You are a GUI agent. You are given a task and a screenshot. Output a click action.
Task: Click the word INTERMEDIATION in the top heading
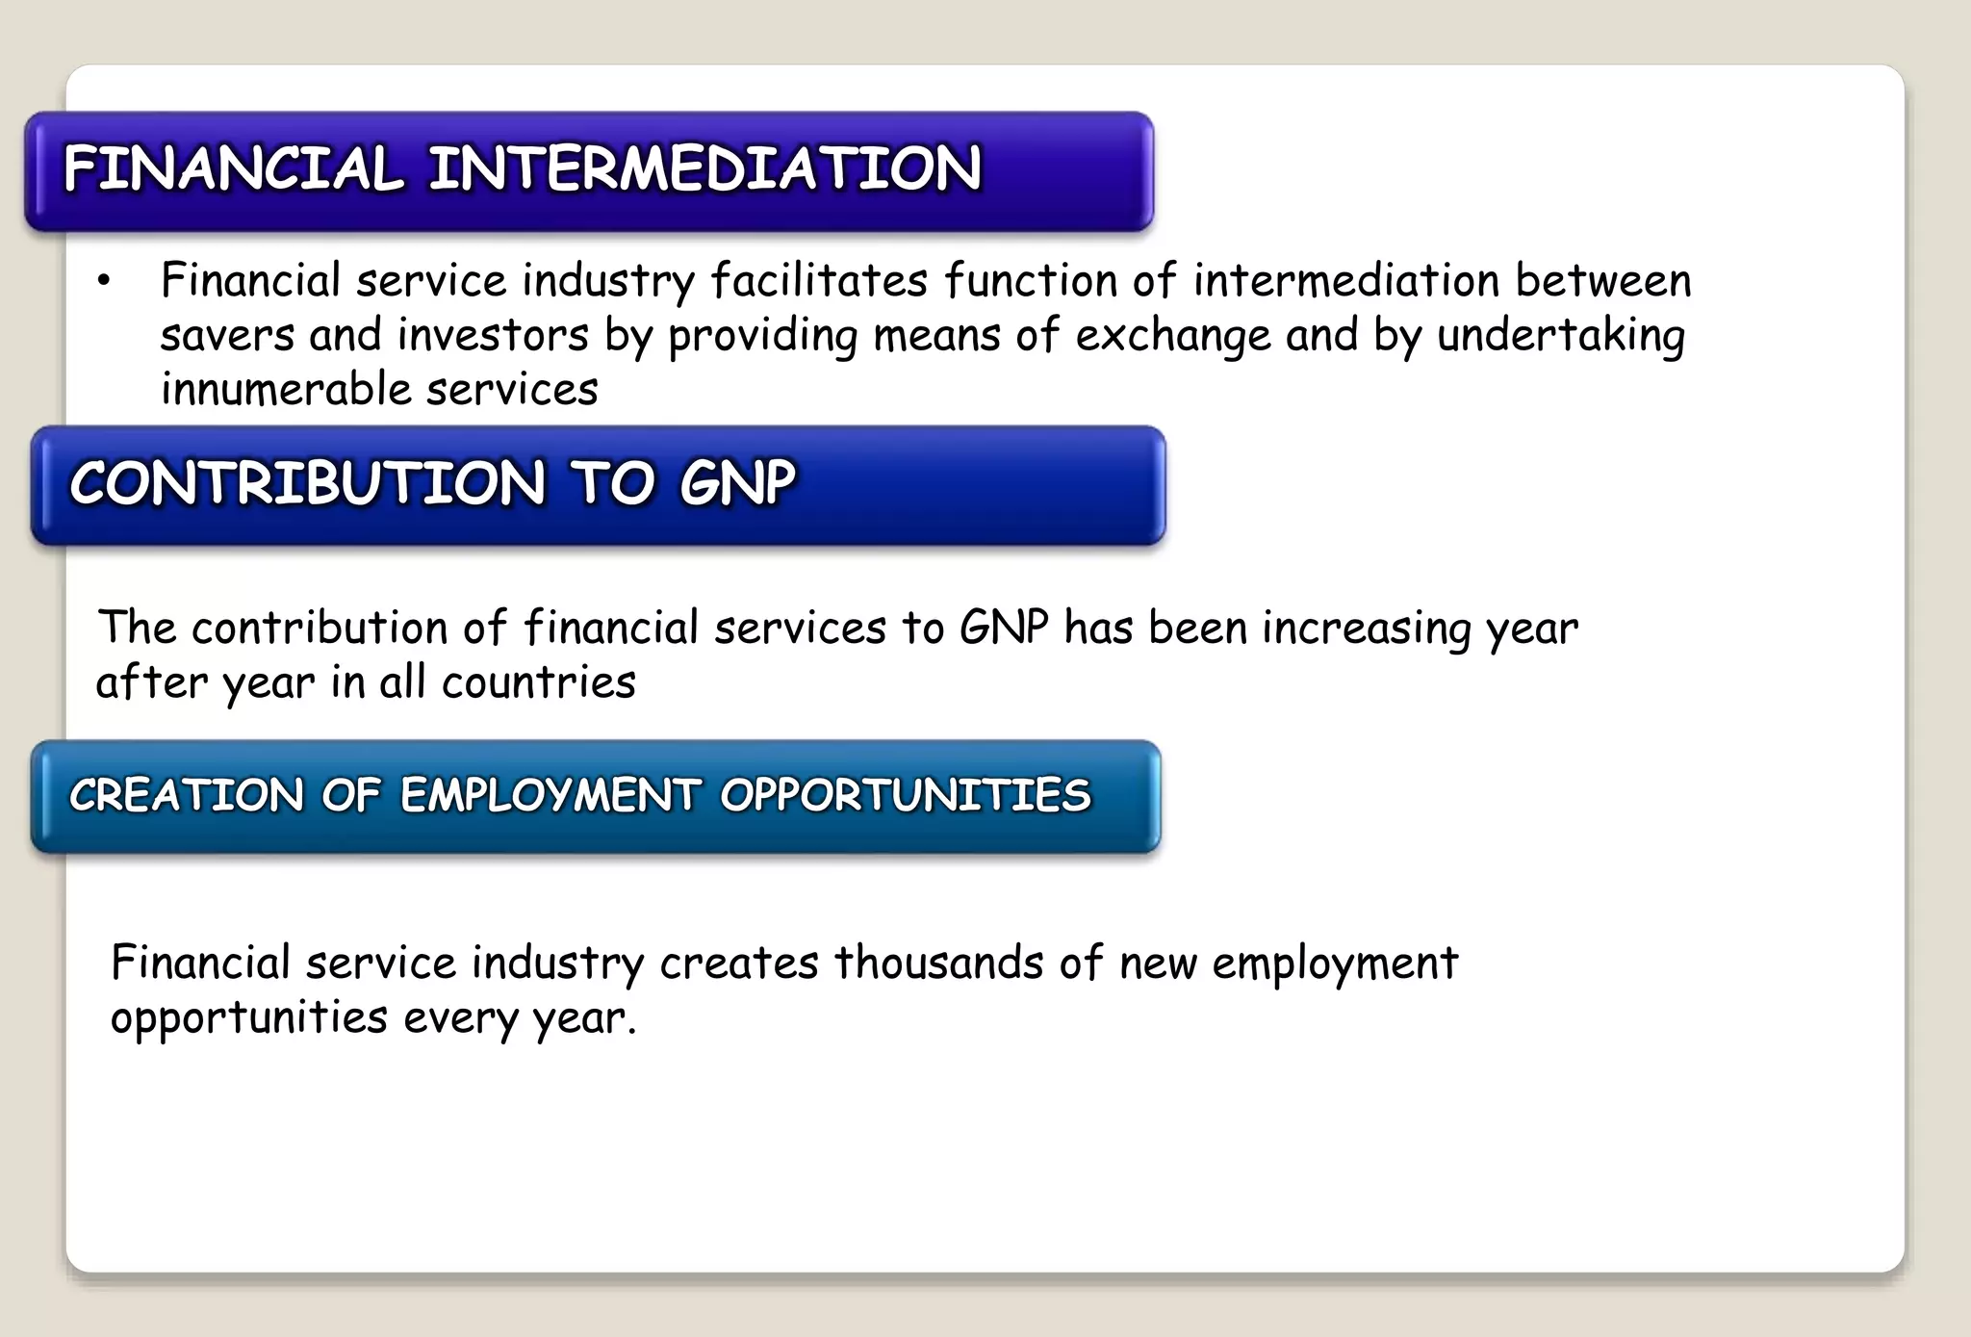click(x=704, y=168)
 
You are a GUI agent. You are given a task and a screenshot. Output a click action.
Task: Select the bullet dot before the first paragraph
click(x=104, y=281)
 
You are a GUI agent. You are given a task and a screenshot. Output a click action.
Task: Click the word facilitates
click(x=819, y=281)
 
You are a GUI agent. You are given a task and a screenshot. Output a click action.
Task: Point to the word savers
click(x=227, y=336)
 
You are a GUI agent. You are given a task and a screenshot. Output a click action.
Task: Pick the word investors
click(x=493, y=336)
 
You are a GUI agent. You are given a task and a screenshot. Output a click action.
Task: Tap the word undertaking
click(x=1561, y=336)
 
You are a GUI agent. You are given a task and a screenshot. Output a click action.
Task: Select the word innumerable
click(x=286, y=390)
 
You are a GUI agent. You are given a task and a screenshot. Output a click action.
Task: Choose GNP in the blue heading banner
click(x=737, y=482)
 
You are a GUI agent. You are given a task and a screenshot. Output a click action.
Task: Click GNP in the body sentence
click(x=1004, y=628)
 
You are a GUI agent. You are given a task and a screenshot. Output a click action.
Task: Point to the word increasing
click(x=1367, y=628)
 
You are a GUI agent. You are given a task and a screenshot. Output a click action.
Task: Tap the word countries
click(x=539, y=682)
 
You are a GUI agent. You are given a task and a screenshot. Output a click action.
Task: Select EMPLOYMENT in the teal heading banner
click(x=550, y=795)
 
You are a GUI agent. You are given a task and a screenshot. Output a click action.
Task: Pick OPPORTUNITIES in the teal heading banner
click(x=906, y=795)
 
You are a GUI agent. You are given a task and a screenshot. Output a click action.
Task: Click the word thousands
click(x=938, y=963)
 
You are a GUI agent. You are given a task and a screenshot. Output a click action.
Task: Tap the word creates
click(x=739, y=963)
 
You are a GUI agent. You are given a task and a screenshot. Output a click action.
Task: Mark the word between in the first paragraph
click(x=1603, y=281)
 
